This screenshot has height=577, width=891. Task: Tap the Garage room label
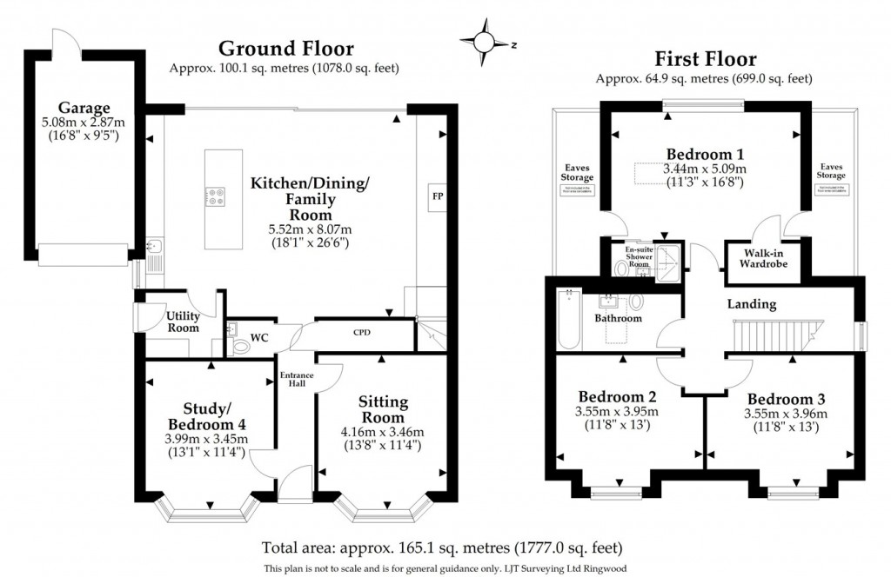pos(84,109)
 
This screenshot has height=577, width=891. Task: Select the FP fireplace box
pos(437,196)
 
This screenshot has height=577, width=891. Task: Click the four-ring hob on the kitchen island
pos(213,197)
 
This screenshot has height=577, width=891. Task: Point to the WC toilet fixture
pos(241,345)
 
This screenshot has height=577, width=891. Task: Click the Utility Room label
pos(183,322)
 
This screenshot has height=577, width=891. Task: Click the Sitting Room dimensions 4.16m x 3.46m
pos(384,432)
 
